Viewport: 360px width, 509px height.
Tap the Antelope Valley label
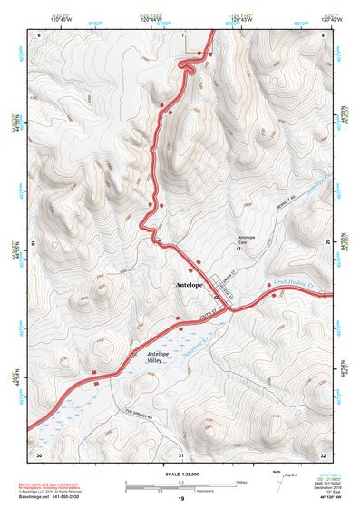pyautogui.click(x=159, y=357)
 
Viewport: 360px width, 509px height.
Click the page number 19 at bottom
pyautogui.click(x=180, y=498)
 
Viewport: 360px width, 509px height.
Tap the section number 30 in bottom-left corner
pyautogui.click(x=38, y=454)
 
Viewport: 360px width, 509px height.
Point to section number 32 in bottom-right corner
pyautogui.click(x=324, y=454)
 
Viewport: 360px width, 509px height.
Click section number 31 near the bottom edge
pyautogui.click(x=180, y=454)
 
